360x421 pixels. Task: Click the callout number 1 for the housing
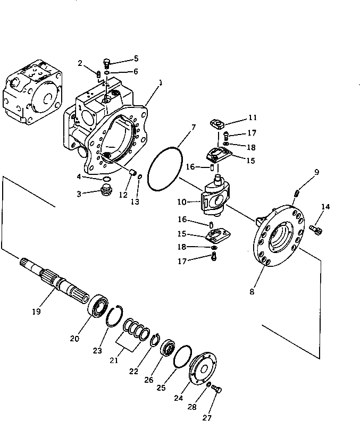tap(160, 83)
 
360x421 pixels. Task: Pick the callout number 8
tap(252, 291)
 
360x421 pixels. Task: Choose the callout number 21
tap(114, 360)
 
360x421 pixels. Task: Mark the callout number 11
tap(252, 117)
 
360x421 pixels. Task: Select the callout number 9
tap(316, 172)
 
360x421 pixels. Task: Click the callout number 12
tap(123, 195)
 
